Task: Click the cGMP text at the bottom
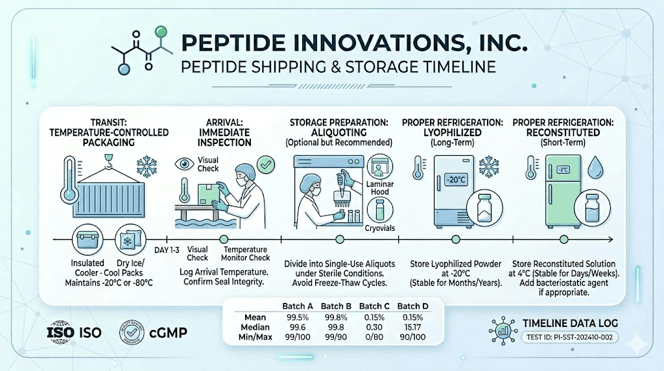tap(171, 333)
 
